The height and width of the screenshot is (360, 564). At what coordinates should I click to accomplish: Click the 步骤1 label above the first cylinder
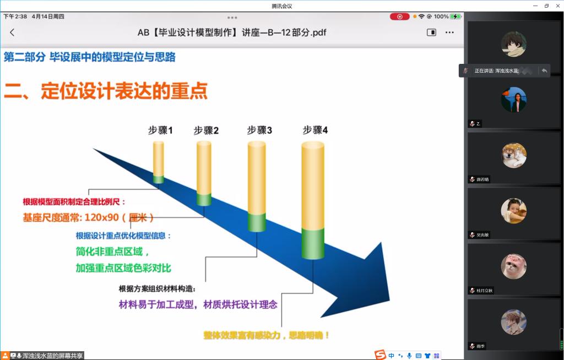click(160, 130)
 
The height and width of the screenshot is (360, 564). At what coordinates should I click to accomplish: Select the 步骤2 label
click(206, 130)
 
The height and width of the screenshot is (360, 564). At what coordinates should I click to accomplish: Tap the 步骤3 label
click(259, 130)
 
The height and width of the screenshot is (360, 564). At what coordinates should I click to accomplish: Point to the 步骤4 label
click(315, 130)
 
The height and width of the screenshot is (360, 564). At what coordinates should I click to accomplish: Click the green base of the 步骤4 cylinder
click(313, 243)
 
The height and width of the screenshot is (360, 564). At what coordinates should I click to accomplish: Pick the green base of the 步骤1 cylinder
click(159, 179)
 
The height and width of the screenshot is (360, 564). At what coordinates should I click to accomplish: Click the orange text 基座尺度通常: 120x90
click(88, 217)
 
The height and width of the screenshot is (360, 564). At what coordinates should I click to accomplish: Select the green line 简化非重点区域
click(112, 252)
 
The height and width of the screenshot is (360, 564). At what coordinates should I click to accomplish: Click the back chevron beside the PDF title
click(12, 32)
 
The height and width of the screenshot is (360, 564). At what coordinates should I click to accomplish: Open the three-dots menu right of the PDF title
click(449, 32)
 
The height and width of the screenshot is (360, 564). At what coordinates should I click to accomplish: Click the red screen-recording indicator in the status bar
click(399, 17)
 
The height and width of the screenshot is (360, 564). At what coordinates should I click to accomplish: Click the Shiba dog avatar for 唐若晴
click(513, 155)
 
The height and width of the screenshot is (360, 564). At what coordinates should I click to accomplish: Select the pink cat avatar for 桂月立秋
click(513, 266)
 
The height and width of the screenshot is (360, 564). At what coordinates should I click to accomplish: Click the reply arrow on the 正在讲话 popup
click(544, 70)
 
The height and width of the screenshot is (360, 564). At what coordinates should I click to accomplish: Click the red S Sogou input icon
click(380, 355)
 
